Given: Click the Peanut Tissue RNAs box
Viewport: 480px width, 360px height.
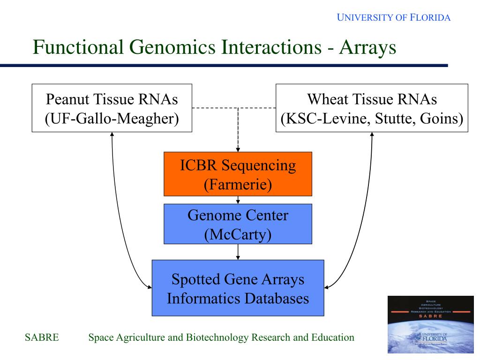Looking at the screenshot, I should tap(112, 108).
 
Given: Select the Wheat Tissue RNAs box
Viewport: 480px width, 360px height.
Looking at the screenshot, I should tap(372, 108).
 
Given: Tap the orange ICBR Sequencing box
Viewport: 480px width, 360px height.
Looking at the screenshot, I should tap(238, 173).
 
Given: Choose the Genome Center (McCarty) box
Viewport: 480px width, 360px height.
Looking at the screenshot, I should tap(238, 224).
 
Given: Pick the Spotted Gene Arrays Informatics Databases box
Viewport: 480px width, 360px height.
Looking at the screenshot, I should tap(238, 288).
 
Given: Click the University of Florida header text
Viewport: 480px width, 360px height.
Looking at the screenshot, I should tap(394, 18).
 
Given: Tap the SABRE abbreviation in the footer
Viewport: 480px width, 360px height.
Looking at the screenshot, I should tap(42, 337).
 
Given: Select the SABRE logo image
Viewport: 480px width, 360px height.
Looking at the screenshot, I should tap(430, 324).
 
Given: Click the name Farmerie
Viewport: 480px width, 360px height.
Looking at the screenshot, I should tap(238, 184).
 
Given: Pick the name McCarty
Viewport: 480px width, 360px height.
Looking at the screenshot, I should tap(238, 234).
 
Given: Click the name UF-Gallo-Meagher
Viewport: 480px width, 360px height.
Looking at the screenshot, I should tap(112, 118).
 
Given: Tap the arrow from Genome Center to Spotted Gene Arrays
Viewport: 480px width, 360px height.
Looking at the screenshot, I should tap(238, 252).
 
